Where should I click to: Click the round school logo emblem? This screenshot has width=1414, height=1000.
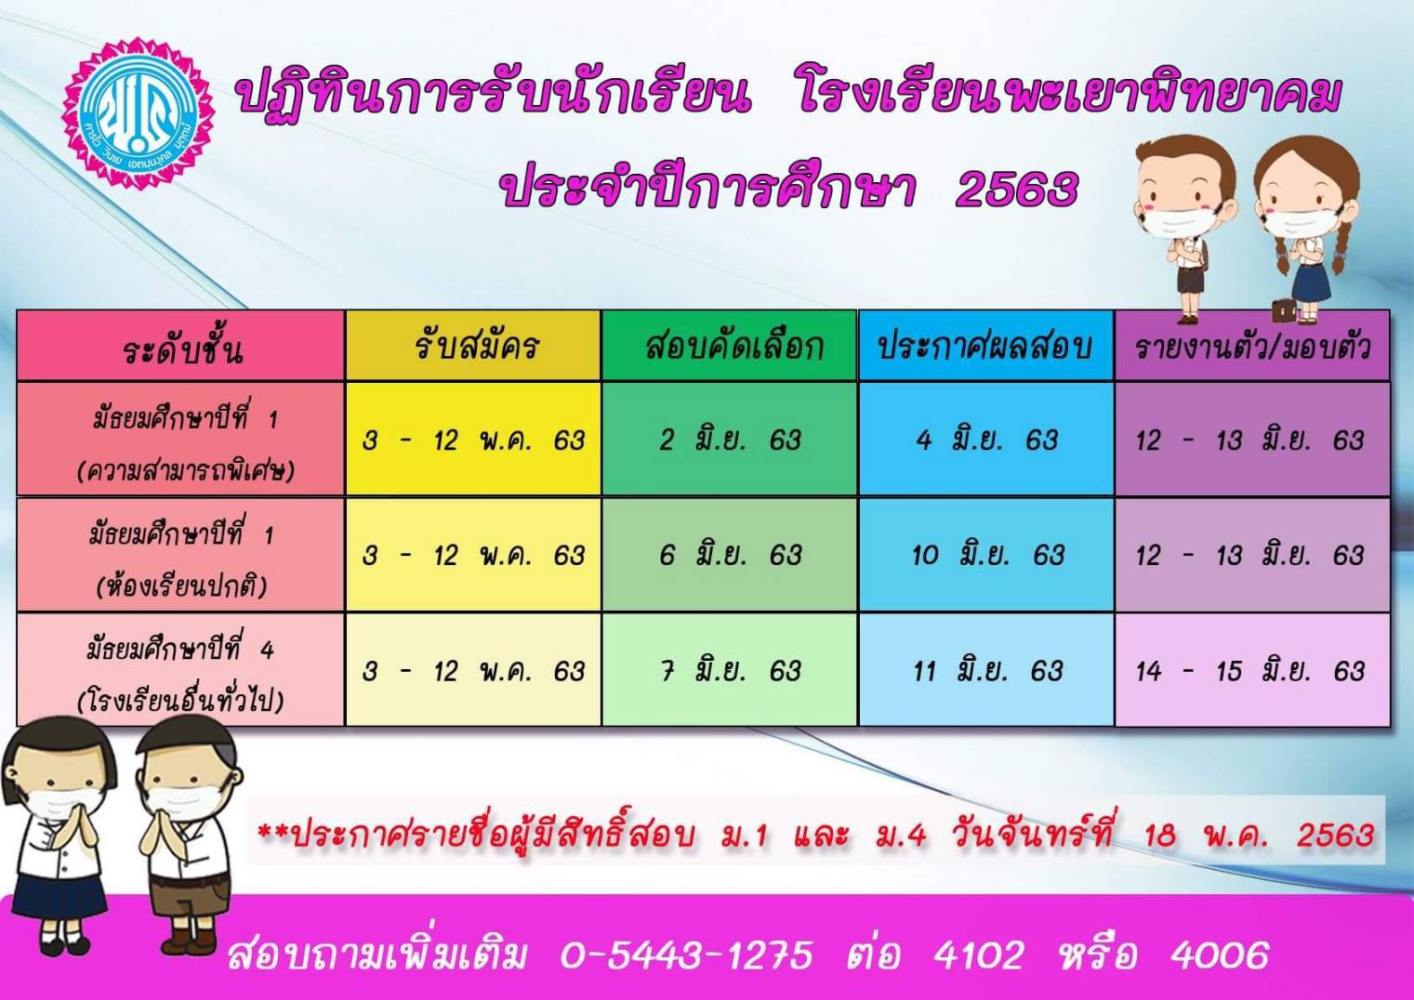(x=139, y=113)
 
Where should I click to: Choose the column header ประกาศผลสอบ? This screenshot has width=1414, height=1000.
(x=985, y=346)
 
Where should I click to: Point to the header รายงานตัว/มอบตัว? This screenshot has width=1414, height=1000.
(x=1253, y=347)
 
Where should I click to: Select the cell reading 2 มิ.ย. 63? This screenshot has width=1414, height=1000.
(x=730, y=439)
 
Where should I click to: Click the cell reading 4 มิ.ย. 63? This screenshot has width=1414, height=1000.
(x=986, y=439)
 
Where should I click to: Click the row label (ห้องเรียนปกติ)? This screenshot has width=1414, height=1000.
(x=182, y=585)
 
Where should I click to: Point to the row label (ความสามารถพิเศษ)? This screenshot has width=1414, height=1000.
(x=186, y=470)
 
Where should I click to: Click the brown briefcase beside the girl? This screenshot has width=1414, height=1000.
(x=1284, y=309)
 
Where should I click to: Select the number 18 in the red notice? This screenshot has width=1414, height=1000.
(x=1161, y=834)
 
